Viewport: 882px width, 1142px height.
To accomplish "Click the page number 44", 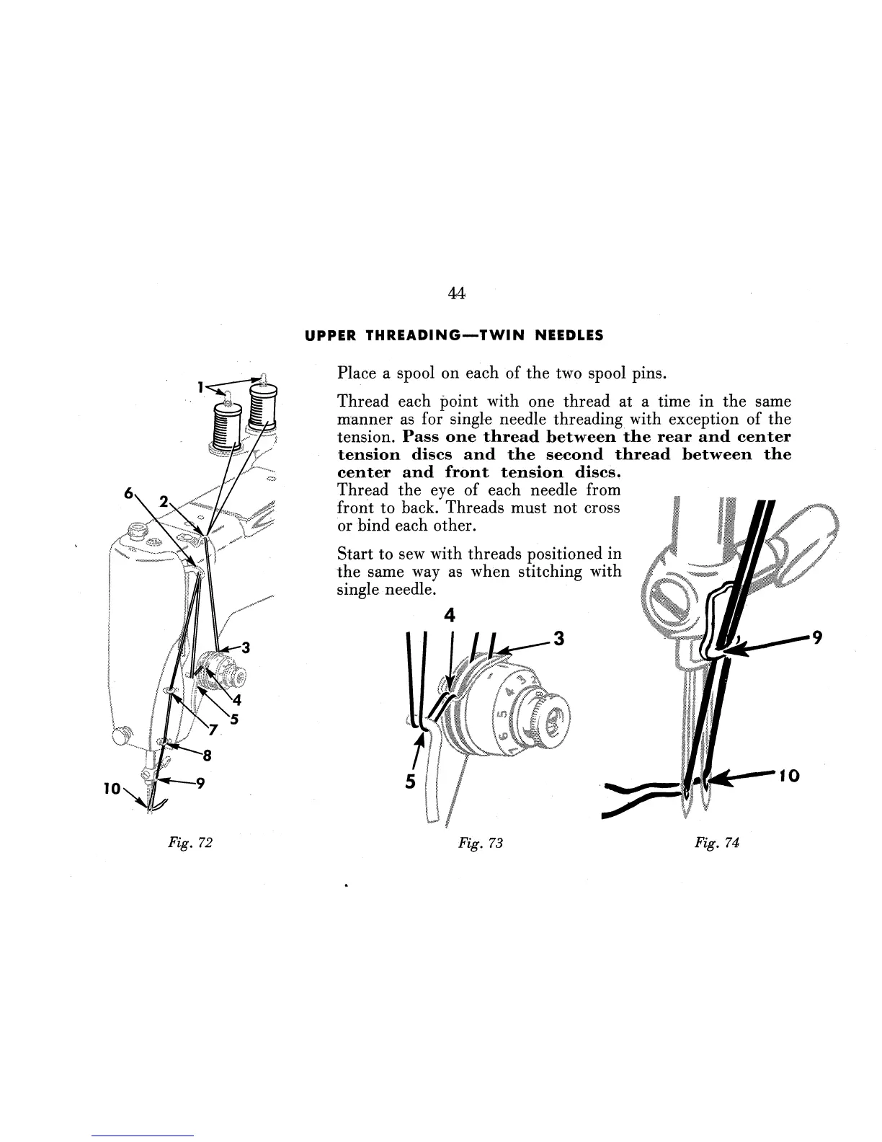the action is click(455, 293).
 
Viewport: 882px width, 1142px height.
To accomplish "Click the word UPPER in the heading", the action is click(329, 336).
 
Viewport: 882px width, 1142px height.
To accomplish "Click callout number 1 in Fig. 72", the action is click(202, 387).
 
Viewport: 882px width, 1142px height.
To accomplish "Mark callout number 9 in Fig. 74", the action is click(816, 637).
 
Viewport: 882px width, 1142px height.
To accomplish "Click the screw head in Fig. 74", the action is click(667, 596).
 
